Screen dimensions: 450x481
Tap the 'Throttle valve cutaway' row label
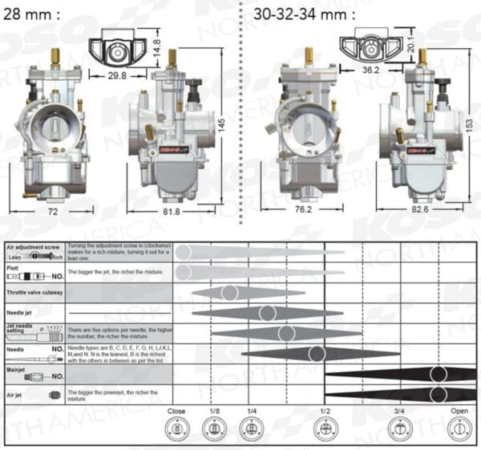[x=34, y=294]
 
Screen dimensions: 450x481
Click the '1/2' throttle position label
[x=325, y=411]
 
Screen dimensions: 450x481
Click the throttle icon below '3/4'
[x=398, y=430]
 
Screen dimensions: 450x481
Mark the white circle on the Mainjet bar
[x=437, y=374]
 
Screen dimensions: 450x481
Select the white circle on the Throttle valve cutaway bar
[x=229, y=293]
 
